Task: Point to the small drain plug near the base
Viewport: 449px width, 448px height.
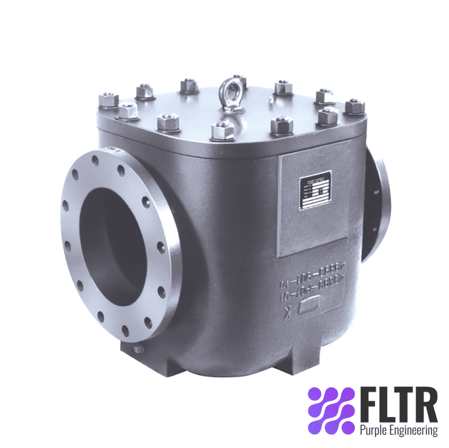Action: pos(139,349)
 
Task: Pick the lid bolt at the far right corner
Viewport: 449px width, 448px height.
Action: pos(355,106)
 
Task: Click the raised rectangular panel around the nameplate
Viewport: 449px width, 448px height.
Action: pos(312,206)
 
